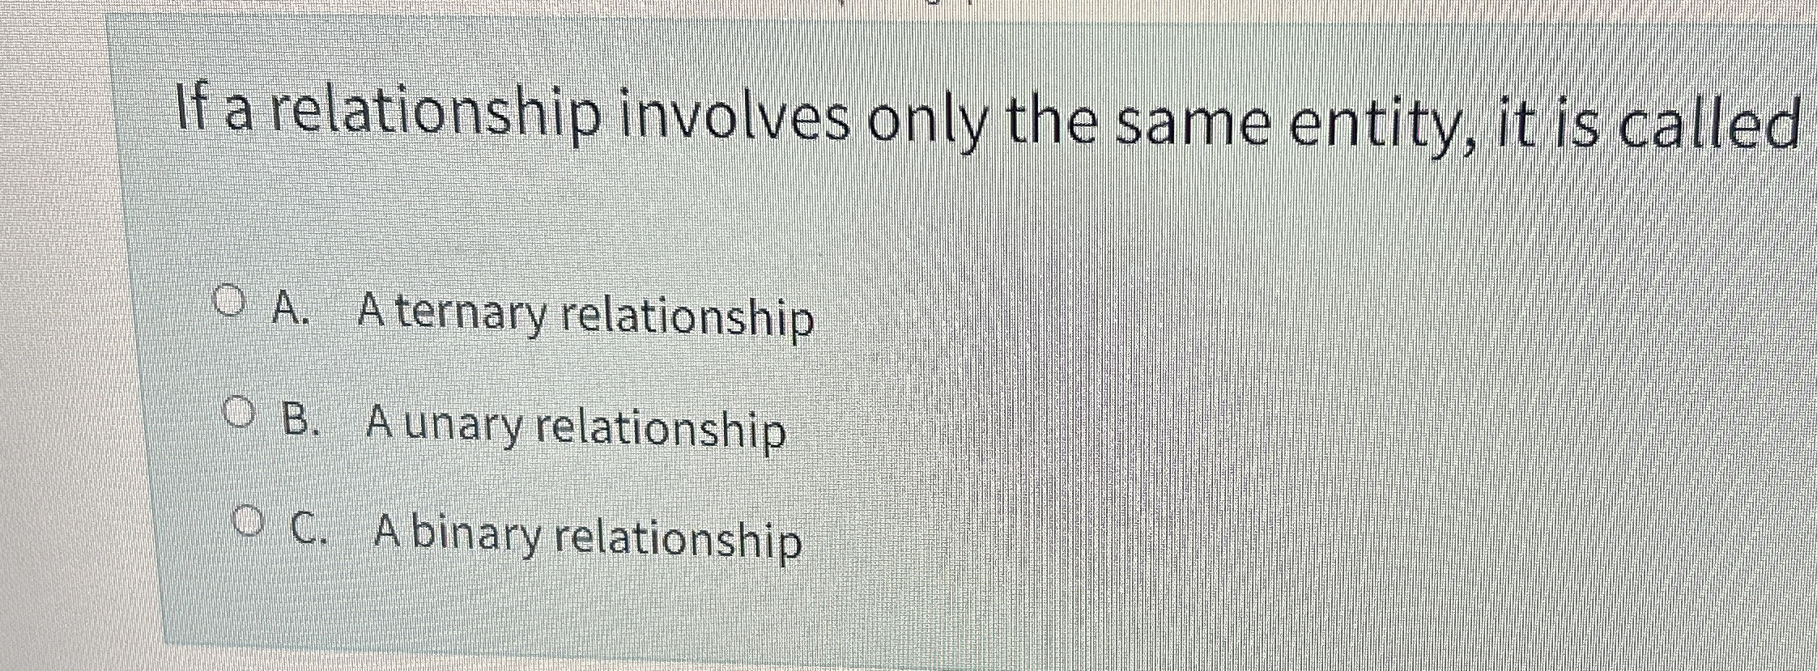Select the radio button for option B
237,415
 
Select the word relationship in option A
687,318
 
